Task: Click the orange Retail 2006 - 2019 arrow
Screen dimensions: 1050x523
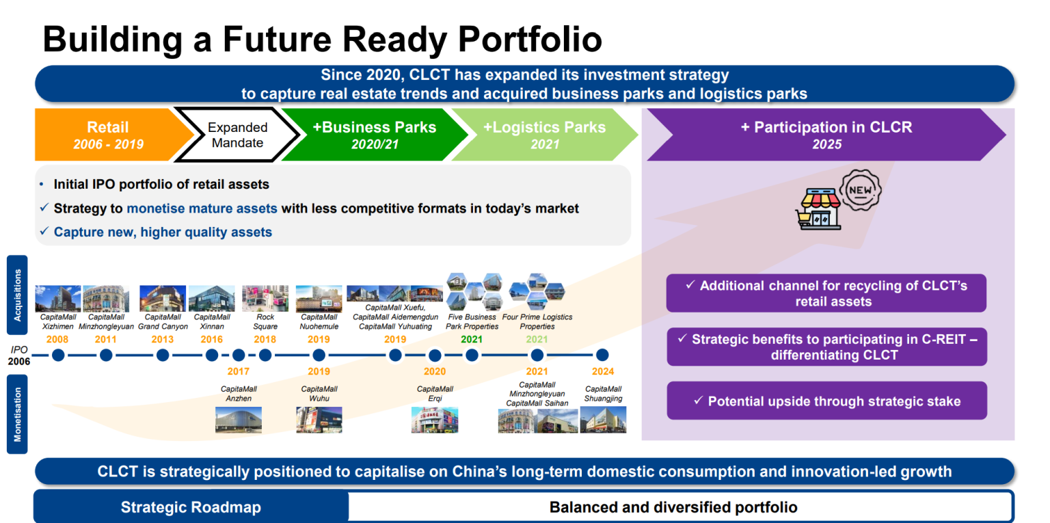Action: (108, 135)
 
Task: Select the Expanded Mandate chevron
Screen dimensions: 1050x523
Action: (237, 135)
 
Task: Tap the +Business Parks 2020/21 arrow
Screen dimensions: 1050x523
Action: (373, 135)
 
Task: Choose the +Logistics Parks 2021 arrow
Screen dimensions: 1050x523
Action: (543, 135)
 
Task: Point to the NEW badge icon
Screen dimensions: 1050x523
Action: (860, 189)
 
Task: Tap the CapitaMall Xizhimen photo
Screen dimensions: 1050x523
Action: (58, 299)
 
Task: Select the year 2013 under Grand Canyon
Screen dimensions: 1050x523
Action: (163, 339)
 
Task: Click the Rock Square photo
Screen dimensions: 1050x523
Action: (265, 299)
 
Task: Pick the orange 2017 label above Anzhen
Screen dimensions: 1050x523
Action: (239, 371)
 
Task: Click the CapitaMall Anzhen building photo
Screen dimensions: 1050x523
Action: (239, 419)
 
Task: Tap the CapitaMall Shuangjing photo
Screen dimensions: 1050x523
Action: (603, 420)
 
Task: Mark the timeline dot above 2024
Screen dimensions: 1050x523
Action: (602, 355)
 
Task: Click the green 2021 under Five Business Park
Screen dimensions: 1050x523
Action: (472, 339)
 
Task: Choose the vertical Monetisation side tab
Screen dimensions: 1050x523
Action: (17, 414)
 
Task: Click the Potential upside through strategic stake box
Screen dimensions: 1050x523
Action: (826, 401)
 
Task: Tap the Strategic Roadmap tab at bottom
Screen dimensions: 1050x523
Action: (191, 507)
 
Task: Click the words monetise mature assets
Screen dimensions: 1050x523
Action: (202, 209)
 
